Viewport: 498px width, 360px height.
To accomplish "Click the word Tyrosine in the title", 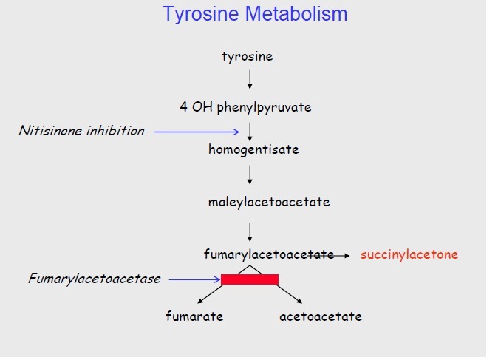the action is tap(200, 14).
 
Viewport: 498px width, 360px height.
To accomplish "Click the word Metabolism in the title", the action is tap(296, 14).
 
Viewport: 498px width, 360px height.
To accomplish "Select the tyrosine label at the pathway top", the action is tap(247, 57).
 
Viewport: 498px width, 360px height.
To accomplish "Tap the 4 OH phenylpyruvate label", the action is tap(245, 107).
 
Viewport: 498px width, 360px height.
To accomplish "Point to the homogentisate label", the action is tap(253, 149).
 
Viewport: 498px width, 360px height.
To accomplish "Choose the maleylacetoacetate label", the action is tap(269, 202).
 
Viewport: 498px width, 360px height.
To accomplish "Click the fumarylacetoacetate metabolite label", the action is tap(269, 254).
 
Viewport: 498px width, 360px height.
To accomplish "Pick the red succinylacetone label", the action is tap(409, 254).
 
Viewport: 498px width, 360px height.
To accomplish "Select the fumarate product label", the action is tap(194, 316).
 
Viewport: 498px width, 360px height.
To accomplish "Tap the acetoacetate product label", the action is tap(321, 316).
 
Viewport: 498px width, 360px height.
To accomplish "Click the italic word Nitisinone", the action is tap(50, 131).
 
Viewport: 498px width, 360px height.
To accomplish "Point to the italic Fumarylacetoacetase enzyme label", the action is tap(95, 279).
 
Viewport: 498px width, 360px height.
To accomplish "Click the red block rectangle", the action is tap(250, 279).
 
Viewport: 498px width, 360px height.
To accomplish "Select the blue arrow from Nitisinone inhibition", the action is tap(197, 132).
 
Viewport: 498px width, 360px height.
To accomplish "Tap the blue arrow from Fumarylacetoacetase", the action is tap(194, 279).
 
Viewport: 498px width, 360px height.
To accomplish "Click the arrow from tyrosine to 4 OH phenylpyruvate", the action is tap(250, 79).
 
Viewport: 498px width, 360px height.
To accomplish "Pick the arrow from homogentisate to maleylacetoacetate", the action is tap(250, 174).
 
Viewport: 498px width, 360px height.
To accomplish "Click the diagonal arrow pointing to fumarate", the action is tap(211, 294).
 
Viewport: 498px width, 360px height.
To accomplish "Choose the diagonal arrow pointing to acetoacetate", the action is tap(289, 294).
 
